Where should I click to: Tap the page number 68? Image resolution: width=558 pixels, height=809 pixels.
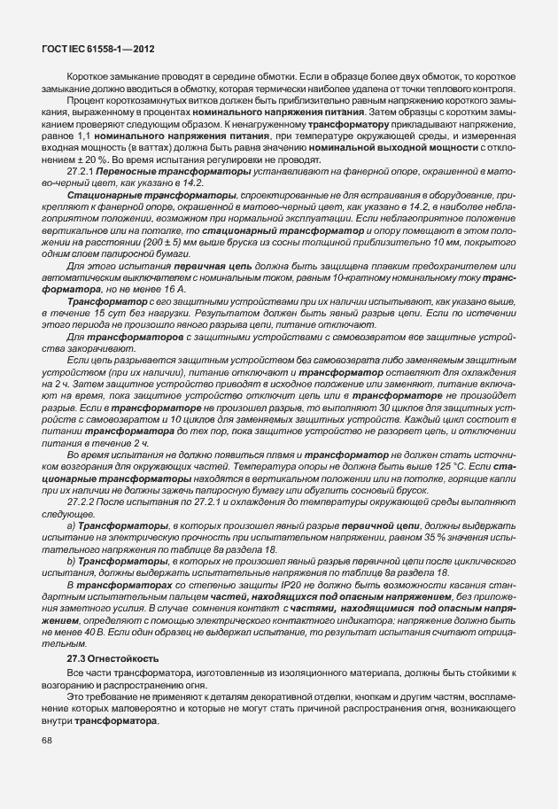click(x=46, y=741)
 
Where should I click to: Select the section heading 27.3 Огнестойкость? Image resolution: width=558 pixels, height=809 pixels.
click(x=112, y=658)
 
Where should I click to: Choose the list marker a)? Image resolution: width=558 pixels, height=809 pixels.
click(x=71, y=525)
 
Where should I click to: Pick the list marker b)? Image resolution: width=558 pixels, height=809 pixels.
click(x=71, y=561)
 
